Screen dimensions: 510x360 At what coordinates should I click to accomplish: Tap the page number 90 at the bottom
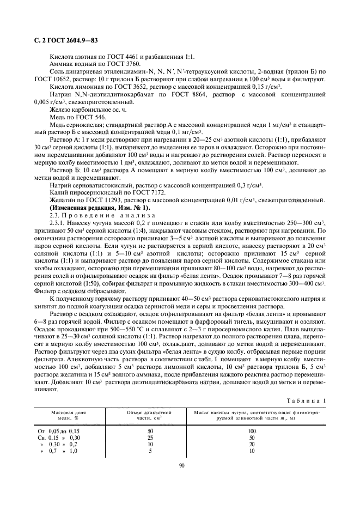[x=181, y=465]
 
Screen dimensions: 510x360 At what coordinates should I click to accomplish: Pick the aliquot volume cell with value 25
[x=150, y=438]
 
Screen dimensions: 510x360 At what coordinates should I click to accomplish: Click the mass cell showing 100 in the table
[x=252, y=430]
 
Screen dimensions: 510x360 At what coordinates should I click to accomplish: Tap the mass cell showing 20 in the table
[x=252, y=444]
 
